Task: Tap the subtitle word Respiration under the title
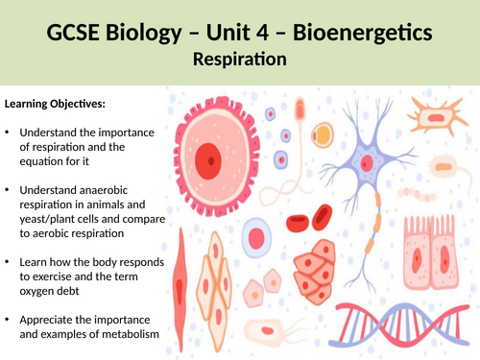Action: (x=240, y=60)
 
